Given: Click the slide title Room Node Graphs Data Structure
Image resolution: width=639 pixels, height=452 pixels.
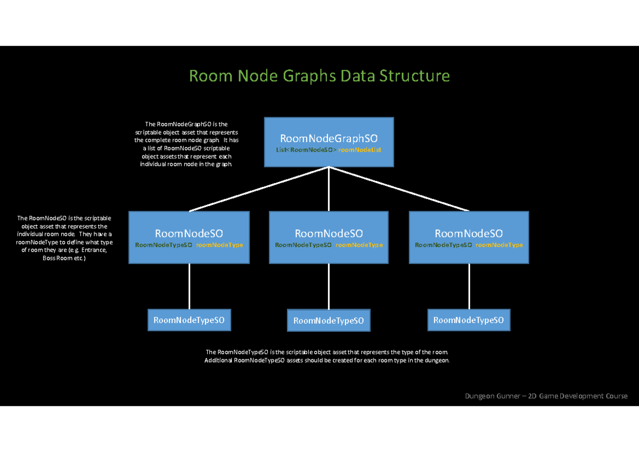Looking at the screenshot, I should pos(319,76).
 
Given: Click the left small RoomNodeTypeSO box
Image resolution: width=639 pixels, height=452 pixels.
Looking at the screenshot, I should pos(189,320).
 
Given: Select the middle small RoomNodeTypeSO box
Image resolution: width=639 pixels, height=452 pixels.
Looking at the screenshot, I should pos(329,320).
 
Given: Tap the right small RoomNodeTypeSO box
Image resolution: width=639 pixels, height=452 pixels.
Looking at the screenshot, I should pos(469,320).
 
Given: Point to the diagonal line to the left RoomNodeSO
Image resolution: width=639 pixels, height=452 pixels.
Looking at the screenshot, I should pos(259,189).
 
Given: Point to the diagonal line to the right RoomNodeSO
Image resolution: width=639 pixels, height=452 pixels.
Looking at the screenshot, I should pos(399,189).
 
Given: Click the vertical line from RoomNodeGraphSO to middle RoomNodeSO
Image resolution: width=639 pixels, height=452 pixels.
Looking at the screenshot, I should pos(329,189).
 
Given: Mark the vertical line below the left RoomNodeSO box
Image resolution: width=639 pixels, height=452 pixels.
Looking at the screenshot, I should pos(189,286).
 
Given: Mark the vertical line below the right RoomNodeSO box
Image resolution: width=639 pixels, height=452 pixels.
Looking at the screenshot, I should pos(469,286).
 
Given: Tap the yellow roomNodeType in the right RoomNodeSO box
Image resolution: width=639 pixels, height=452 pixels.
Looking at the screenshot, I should pos(499,245).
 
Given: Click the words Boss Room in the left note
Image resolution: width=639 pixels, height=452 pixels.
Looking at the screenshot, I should pos(55,258).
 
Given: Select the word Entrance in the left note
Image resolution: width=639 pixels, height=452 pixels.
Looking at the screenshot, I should pos(95,250).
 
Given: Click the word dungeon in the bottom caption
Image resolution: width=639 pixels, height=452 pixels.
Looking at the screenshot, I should pos(436,360).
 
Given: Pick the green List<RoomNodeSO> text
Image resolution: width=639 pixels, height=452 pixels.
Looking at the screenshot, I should pos(306,151).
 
